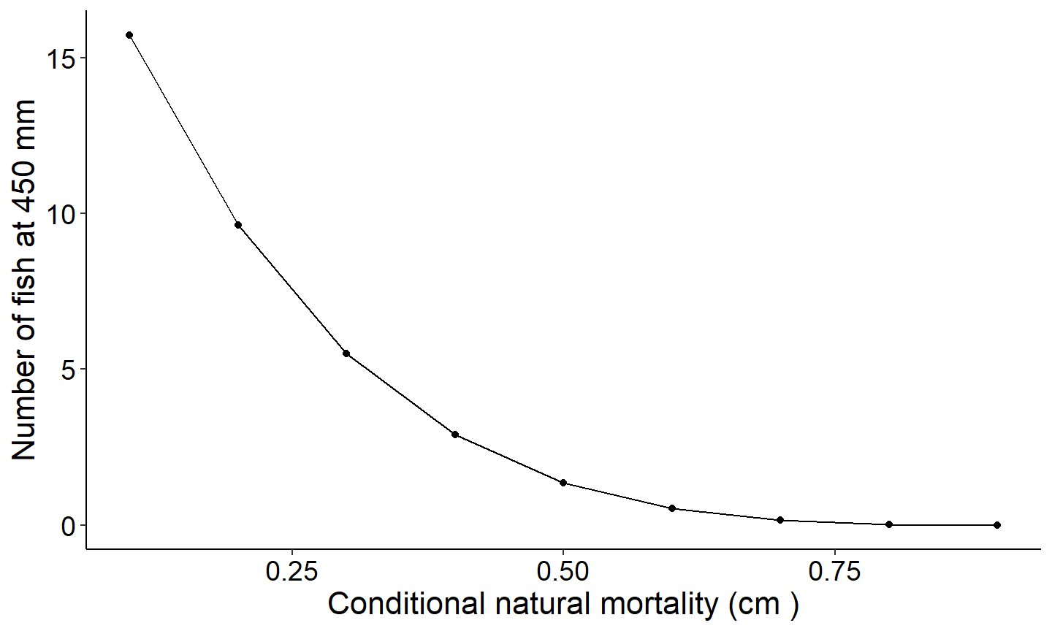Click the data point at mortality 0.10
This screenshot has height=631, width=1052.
pyautogui.click(x=129, y=35)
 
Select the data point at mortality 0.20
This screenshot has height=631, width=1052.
pyautogui.click(x=238, y=225)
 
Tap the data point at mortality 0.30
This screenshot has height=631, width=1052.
pyautogui.click(x=346, y=353)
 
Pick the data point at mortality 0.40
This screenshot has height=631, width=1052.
pyautogui.click(x=455, y=435)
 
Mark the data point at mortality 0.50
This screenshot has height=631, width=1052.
pyautogui.click(x=563, y=483)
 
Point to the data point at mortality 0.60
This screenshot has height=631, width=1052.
pyautogui.click(x=672, y=508)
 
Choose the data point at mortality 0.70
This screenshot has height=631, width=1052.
pyautogui.click(x=780, y=520)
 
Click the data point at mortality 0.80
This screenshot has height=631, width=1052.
pyautogui.click(x=889, y=524)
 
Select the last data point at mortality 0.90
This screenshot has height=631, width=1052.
pyautogui.click(x=997, y=525)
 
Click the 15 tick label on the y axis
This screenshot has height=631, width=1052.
pyautogui.click(x=62, y=58)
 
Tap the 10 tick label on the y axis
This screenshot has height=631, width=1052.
pyautogui.click(x=62, y=214)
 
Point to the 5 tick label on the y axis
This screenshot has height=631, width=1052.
pyautogui.click(x=69, y=370)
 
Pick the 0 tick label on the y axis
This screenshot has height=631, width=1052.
pyautogui.click(x=69, y=526)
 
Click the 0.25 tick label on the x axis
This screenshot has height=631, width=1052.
pyautogui.click(x=292, y=572)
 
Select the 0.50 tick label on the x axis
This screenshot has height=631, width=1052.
pyautogui.click(x=563, y=572)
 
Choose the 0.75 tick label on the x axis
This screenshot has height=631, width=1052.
pyautogui.click(x=834, y=572)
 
